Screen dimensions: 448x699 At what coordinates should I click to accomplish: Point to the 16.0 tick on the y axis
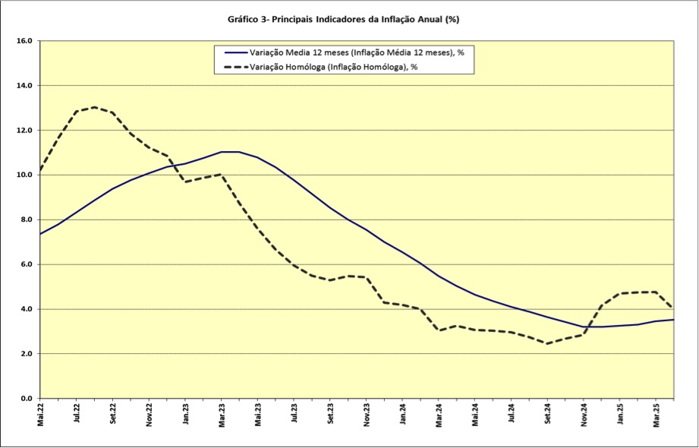(25, 41)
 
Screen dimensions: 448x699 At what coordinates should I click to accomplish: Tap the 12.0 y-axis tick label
(25, 131)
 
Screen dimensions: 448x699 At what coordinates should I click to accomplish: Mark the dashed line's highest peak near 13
(95, 107)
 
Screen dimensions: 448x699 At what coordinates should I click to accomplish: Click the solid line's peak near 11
(230, 152)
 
